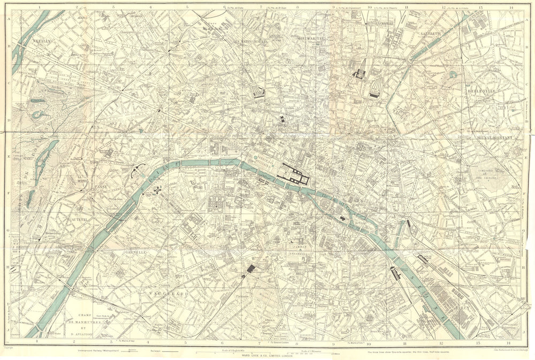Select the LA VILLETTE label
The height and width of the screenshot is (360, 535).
[431, 33]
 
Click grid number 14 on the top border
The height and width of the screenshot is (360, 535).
[510, 8]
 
